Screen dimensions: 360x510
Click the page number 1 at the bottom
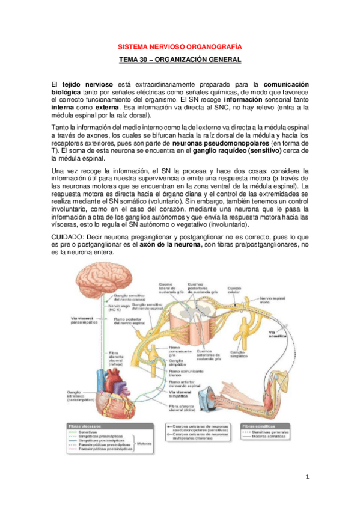tap(306, 477)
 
